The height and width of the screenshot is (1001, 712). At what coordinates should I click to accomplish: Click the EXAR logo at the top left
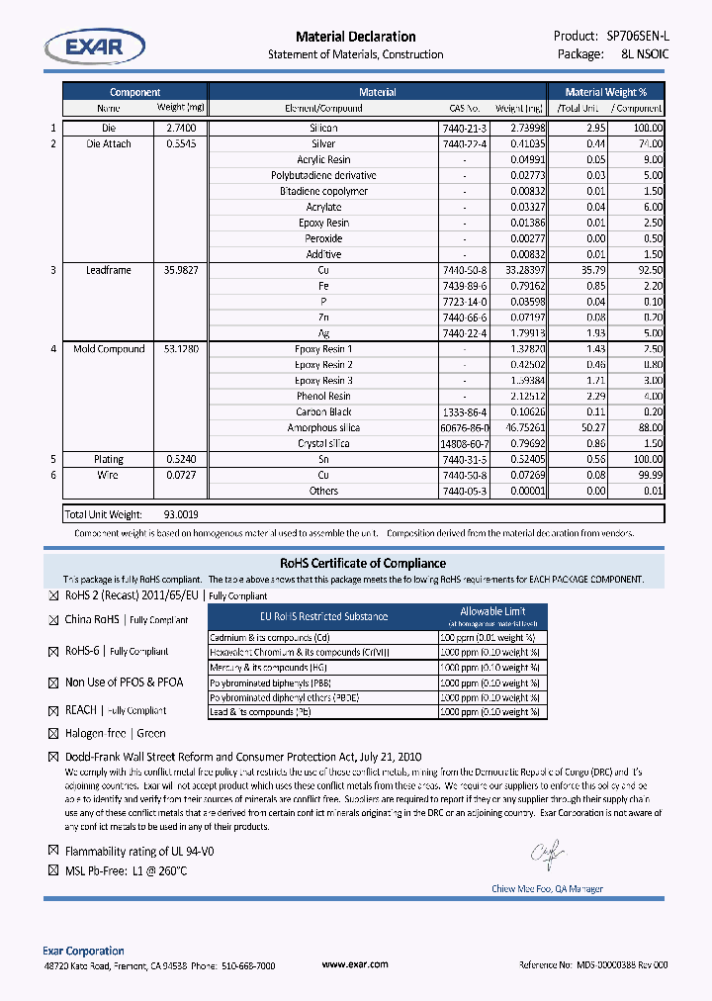click(x=95, y=45)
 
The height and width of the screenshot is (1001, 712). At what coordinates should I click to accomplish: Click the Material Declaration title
click(x=356, y=37)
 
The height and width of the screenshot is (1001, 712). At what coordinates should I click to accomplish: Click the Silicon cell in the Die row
click(x=323, y=129)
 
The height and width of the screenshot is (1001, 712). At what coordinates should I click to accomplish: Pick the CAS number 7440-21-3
click(x=465, y=129)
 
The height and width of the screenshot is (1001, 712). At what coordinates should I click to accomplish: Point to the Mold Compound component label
click(x=109, y=349)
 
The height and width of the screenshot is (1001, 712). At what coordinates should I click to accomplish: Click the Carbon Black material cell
click(x=323, y=412)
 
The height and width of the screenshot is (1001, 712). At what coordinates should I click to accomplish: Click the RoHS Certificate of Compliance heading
click(x=356, y=564)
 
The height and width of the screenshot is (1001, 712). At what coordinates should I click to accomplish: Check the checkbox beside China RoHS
click(x=54, y=620)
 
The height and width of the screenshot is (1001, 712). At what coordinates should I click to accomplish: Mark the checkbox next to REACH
click(x=54, y=710)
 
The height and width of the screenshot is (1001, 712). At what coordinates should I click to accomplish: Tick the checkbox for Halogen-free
click(x=54, y=734)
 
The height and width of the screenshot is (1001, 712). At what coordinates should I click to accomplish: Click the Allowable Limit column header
click(x=492, y=611)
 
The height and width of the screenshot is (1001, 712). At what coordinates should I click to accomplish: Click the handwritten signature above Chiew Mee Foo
click(x=546, y=851)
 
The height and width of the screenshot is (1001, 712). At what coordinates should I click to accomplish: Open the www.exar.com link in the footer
click(x=355, y=964)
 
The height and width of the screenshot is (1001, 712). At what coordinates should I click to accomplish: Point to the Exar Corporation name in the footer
click(x=84, y=951)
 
